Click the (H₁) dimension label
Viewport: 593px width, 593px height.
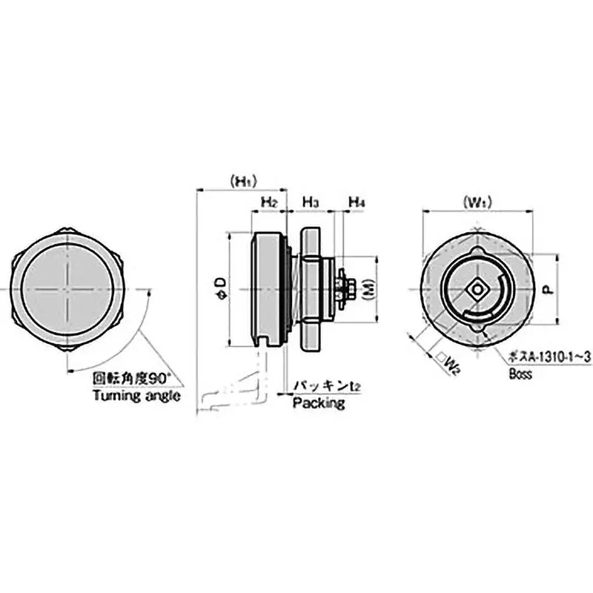(242, 180)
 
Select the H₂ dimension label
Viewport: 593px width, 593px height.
(268, 202)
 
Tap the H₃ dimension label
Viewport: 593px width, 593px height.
(311, 202)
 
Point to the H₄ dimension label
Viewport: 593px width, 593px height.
(356, 202)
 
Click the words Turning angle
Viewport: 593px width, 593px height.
(136, 395)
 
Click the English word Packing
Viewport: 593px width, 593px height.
(319, 403)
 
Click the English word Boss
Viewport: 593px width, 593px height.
(521, 374)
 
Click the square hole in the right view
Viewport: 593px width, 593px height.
(476, 288)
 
